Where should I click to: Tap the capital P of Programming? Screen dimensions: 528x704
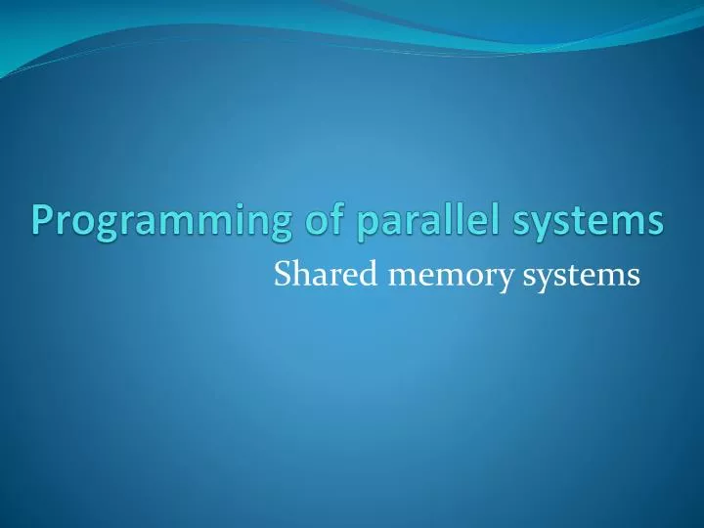[x=43, y=220]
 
